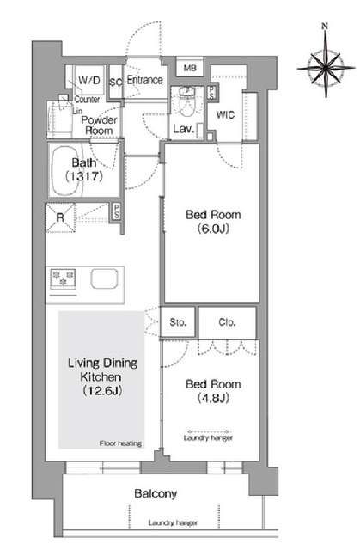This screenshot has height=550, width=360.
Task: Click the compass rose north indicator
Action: (325, 26)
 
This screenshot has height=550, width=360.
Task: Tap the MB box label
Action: (190, 68)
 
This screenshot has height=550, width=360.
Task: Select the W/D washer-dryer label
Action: (89, 80)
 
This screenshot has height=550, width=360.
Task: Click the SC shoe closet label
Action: (116, 82)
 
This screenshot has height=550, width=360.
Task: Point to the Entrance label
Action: (144, 80)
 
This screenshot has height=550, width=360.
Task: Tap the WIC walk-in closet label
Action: (225, 114)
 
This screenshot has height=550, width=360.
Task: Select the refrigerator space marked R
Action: (60, 217)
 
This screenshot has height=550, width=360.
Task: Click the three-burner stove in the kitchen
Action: (63, 278)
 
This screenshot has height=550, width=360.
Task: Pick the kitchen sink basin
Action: (104, 278)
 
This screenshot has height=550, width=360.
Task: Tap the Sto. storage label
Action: (178, 322)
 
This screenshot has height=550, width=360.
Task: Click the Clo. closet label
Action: (227, 322)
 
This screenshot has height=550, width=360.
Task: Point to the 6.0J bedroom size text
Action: (213, 229)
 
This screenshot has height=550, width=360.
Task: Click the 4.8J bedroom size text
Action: (213, 398)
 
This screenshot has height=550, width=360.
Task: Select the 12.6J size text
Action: (102, 391)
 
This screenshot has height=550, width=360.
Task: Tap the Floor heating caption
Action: (120, 443)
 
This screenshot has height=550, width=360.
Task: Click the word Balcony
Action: (156, 494)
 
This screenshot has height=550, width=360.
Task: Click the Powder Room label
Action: (99, 125)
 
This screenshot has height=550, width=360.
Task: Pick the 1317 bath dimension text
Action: (84, 176)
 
